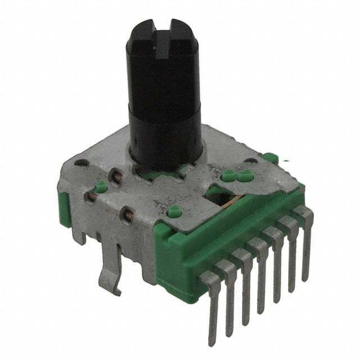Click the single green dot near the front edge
174,213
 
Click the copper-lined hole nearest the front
128,214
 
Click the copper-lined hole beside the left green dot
91,196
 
